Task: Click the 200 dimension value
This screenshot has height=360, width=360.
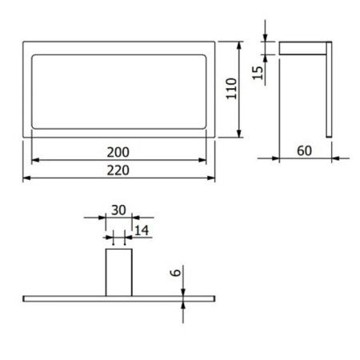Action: point(118,152)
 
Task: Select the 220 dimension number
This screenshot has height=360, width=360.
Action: point(118,170)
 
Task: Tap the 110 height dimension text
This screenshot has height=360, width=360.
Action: point(231,89)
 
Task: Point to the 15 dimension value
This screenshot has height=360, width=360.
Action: point(258,73)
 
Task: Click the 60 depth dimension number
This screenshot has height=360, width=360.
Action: point(304,150)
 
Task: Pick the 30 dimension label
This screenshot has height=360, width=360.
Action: point(118,210)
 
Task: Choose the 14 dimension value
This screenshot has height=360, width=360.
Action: point(142,230)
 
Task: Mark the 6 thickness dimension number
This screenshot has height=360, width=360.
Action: point(176,273)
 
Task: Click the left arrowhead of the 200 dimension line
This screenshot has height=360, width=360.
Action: point(35,160)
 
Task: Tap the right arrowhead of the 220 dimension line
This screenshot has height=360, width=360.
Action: point(211,178)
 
